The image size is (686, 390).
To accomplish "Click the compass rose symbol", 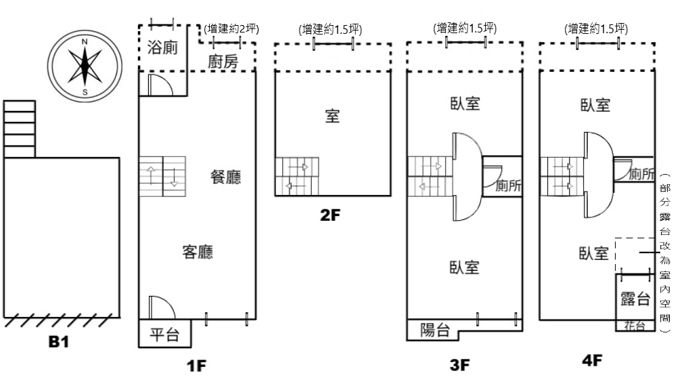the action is click(85, 67).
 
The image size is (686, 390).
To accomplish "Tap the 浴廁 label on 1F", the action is click(162, 47).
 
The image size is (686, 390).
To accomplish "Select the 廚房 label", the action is click(223, 62).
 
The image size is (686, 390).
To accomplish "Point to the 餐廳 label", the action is click(226, 177).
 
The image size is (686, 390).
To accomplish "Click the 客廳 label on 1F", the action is click(198, 252).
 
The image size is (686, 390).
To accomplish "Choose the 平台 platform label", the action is click(164, 335).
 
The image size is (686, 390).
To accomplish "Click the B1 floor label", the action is click(59, 341).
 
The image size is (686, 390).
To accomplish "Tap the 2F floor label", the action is click(330, 215).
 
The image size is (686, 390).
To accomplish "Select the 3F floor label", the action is click(460, 365).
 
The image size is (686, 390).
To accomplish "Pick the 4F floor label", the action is click(593, 360).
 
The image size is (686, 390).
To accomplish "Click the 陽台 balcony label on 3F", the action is click(435, 330).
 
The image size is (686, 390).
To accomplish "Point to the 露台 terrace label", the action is click(635, 299).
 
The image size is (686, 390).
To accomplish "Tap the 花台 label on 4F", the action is click(635, 326).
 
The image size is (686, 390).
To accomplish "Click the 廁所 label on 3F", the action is click(508, 186).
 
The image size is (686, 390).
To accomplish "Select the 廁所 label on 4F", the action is click(641, 174).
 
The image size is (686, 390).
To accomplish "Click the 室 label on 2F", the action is click(332, 116).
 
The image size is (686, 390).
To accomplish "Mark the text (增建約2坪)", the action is click(231, 29).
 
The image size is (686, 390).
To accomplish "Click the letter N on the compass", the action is click(85, 42).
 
